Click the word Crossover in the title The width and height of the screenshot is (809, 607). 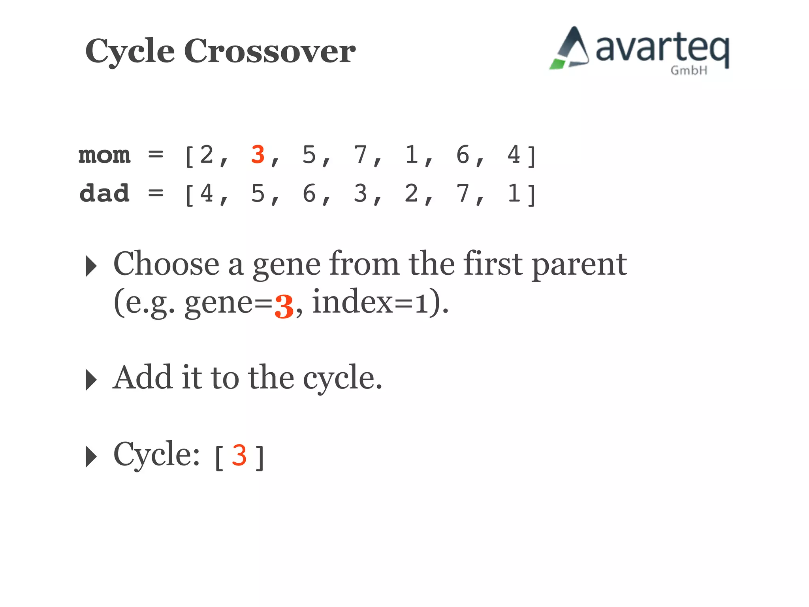[x=270, y=51]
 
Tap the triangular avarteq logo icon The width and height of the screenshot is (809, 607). [x=570, y=49]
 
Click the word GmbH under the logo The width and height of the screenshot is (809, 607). [x=689, y=71]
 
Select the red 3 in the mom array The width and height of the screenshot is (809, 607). [x=258, y=155]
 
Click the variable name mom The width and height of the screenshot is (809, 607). [x=104, y=155]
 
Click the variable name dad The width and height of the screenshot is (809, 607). [x=104, y=194]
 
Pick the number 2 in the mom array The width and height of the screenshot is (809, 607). [x=207, y=155]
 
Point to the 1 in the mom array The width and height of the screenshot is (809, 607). [x=412, y=155]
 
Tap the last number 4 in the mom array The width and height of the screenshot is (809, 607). [x=514, y=155]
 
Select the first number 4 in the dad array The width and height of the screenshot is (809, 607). [x=207, y=194]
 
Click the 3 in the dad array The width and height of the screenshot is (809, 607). [x=360, y=194]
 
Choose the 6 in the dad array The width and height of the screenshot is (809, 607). [x=309, y=194]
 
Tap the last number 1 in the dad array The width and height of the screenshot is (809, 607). [x=514, y=194]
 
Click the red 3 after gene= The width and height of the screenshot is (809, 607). [x=284, y=306]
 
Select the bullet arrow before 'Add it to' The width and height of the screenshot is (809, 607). [x=91, y=380]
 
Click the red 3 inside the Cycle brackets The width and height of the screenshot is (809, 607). [x=239, y=456]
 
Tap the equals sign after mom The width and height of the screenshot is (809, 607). [x=156, y=155]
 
